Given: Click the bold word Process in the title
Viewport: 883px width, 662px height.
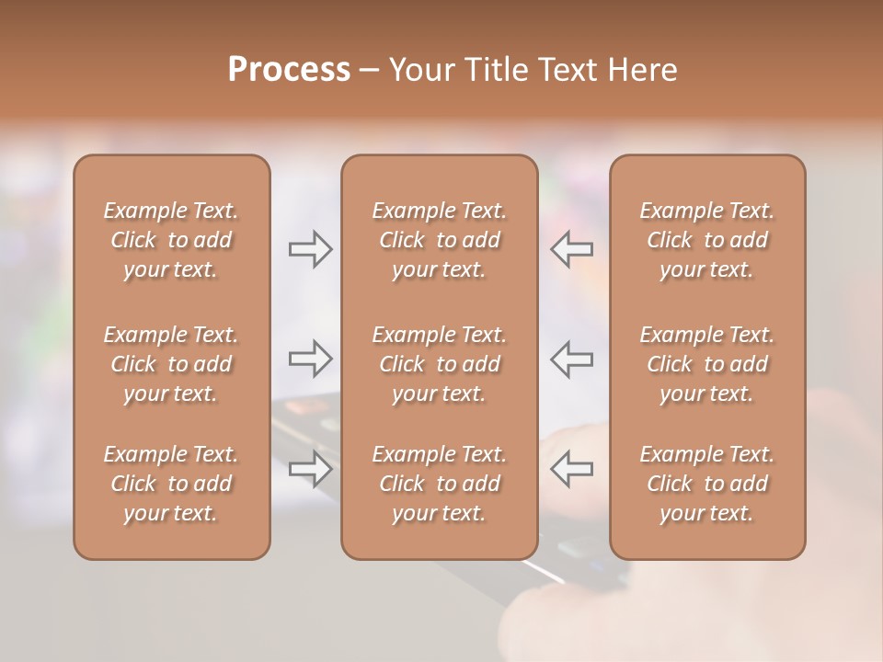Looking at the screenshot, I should tap(289, 70).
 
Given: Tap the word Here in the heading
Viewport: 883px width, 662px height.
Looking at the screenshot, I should tap(643, 70).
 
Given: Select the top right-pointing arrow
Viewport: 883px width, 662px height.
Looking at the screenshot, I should tap(311, 249).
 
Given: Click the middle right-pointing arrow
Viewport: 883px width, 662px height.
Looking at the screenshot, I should tap(311, 359).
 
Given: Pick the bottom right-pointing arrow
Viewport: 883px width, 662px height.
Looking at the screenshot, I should tap(311, 469).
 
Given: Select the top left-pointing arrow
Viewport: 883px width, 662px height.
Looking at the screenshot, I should tap(571, 249).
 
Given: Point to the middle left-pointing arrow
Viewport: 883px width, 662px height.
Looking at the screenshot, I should tap(571, 359).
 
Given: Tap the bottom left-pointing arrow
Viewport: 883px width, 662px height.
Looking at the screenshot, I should tap(571, 469).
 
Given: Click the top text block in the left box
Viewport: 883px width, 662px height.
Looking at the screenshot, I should tap(171, 240).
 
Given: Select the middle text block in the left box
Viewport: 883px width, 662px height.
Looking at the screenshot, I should tap(171, 364).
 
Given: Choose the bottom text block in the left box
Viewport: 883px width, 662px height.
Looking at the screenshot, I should tap(171, 484).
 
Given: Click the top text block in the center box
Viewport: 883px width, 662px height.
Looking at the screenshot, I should tap(440, 240).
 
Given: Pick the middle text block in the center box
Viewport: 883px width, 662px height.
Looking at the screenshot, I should tap(440, 364).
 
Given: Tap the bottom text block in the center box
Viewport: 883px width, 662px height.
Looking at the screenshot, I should tap(440, 484).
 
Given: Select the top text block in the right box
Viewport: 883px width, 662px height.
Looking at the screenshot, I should tap(707, 240).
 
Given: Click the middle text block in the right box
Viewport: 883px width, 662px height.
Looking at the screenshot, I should tap(707, 364).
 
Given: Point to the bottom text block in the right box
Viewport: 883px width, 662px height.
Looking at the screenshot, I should tap(707, 484).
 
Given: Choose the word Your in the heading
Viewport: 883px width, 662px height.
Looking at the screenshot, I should tap(422, 70).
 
